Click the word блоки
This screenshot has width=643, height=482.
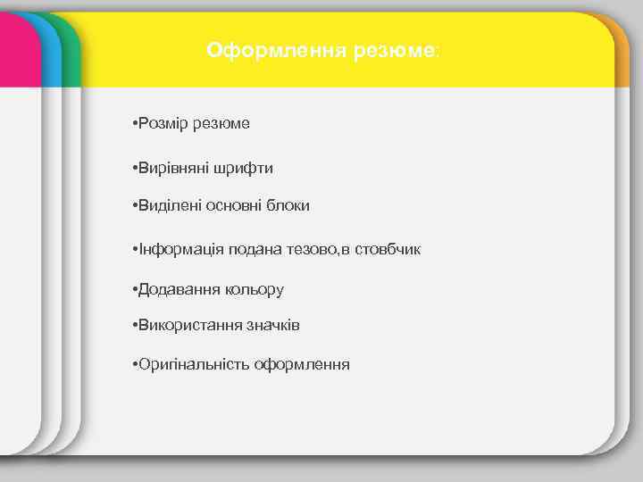(x=288, y=205)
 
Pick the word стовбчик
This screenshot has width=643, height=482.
(x=388, y=249)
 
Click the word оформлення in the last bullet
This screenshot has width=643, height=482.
(x=302, y=364)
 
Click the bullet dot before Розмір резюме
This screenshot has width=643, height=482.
(x=132, y=123)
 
